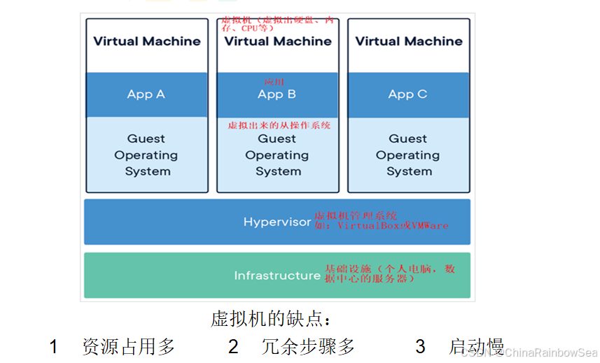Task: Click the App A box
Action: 146,94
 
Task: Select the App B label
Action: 277,94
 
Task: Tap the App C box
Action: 408,94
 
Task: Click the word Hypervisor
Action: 277,222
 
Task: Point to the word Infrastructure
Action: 277,276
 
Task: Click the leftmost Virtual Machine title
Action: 147,41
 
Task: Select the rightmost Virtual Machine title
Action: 409,41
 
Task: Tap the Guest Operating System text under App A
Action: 146,155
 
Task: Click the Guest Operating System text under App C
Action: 408,155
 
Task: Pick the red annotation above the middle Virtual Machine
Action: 278,25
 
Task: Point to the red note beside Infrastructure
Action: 390,273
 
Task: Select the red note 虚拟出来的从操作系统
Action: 279,126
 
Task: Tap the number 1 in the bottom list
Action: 53,346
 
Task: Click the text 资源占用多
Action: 128,346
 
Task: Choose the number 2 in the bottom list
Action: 233,346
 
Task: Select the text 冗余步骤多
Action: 308,346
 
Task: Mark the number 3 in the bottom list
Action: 420,346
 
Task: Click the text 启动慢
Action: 477,346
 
